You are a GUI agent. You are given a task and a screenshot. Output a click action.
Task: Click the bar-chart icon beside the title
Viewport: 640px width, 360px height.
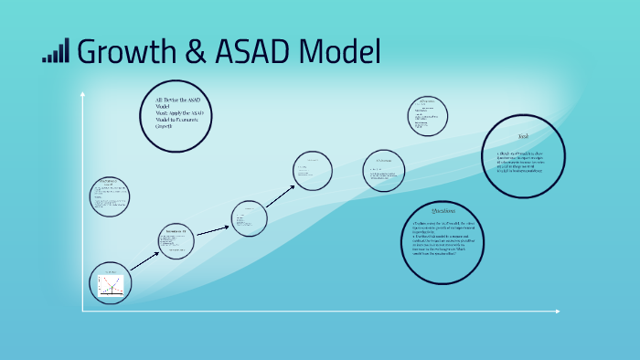[55, 52]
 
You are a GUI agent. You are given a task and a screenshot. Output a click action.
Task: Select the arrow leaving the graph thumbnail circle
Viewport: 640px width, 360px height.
[143, 260]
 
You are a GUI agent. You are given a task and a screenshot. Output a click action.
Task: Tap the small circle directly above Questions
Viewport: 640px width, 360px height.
[383, 170]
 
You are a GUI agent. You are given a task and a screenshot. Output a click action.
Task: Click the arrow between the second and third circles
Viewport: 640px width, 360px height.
[212, 229]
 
